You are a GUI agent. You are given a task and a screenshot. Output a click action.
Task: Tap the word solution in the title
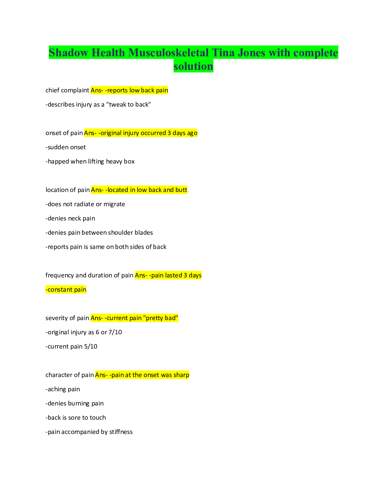coord(193,66)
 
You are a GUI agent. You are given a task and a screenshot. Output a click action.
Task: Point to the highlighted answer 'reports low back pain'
coord(138,90)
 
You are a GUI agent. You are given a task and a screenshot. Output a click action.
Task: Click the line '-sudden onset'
coord(66,147)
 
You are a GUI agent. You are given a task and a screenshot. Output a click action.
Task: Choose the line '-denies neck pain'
coord(70,219)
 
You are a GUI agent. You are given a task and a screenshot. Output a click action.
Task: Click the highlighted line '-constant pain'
coord(66,290)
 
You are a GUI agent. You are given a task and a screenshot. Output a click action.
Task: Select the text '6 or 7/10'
coord(109,332)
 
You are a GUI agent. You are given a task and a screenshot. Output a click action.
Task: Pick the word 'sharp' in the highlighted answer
coord(181,375)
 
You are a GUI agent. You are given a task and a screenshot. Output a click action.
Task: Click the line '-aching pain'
coord(63,389)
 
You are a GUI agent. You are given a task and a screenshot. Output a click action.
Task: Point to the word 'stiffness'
coord(121,432)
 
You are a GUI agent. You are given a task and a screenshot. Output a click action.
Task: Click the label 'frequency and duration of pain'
coord(89,275)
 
